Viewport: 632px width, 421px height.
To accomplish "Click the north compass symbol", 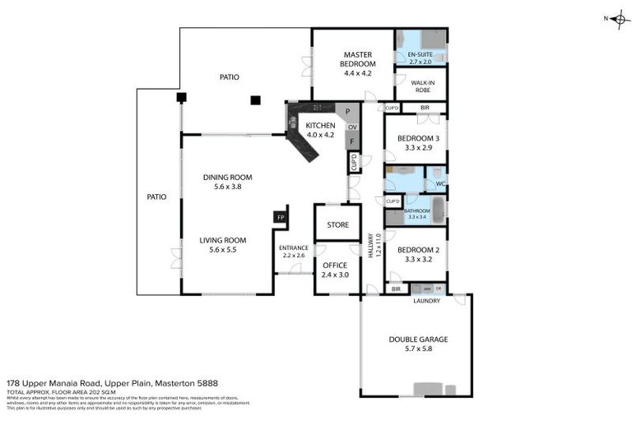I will click(618, 18).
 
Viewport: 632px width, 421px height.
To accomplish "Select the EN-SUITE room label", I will click(420, 57).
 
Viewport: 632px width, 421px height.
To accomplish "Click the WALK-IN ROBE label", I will click(422, 86).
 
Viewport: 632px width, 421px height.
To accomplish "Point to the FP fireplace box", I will click(279, 217).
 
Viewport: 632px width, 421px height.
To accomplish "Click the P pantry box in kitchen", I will click(348, 112).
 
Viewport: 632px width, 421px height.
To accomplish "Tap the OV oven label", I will click(352, 127).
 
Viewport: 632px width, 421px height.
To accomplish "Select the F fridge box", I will click(351, 142).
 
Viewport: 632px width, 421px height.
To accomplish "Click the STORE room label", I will click(337, 224).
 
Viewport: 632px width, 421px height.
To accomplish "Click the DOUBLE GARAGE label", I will click(418, 339).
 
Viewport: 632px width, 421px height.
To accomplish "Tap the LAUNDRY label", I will click(426, 301).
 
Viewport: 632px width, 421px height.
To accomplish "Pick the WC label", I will click(440, 183).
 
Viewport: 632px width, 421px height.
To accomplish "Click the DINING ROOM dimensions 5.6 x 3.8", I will click(228, 187).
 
